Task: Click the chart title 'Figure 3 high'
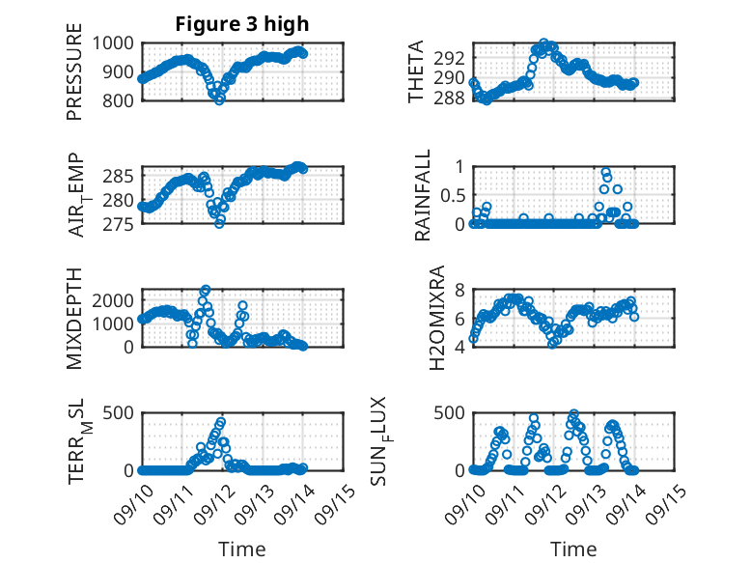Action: point(242,24)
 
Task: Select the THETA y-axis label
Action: point(416,72)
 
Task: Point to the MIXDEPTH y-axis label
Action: point(74,318)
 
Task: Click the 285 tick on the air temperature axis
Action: point(122,176)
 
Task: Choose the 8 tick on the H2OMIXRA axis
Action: point(460,290)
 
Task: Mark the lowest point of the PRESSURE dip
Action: point(219,99)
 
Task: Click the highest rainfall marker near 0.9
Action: point(606,173)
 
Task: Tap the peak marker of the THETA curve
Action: point(544,43)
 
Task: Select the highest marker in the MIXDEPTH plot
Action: point(205,290)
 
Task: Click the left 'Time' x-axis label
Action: point(242,549)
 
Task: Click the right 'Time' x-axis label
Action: point(573,549)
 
